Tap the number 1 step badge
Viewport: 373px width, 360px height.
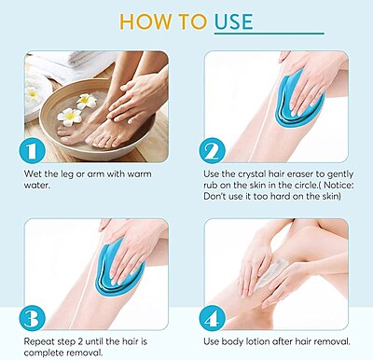[x=32, y=149]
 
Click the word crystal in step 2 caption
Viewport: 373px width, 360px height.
[x=256, y=175]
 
